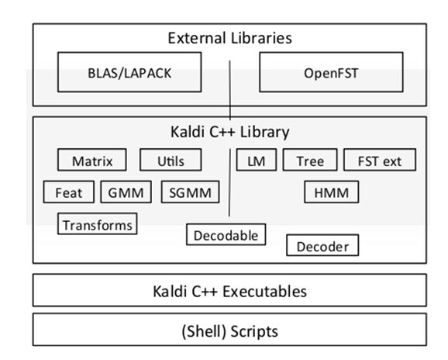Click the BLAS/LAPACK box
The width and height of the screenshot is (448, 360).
[129, 72]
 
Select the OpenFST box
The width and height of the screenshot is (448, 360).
[331, 72]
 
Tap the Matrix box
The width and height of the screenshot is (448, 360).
[91, 160]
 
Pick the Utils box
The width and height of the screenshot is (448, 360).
[171, 160]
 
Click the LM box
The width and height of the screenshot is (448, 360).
[257, 160]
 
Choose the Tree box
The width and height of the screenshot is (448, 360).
[310, 160]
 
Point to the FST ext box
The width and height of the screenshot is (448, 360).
[380, 160]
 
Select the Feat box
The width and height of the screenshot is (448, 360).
[68, 192]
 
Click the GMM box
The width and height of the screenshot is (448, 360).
[126, 192]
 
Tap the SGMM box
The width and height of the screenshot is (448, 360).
[191, 192]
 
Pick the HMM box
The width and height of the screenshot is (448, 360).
[332, 192]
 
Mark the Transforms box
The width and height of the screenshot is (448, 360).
[98, 224]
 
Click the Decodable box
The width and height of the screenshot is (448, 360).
[226, 235]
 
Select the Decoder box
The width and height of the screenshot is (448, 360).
[322, 245]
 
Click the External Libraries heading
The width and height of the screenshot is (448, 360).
[229, 38]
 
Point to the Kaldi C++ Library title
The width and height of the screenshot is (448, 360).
[229, 132]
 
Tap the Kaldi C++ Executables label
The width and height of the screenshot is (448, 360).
[229, 292]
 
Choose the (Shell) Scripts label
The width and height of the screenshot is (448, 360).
[229, 331]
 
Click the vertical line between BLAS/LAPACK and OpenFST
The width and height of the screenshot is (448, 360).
[229, 90]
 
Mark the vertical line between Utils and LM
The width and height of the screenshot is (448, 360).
[229, 183]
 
